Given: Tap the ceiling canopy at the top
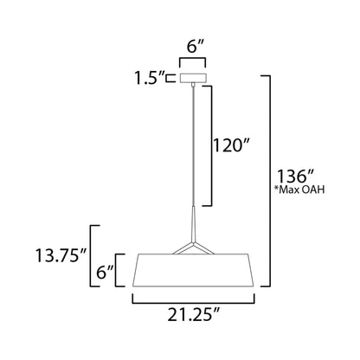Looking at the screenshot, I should click(192, 78).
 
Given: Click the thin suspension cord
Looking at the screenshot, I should click(192, 147).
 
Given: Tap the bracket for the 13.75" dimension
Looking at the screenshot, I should click(94, 256).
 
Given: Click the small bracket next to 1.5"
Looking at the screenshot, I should click(174, 78).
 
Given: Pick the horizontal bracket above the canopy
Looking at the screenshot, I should click(191, 62).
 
